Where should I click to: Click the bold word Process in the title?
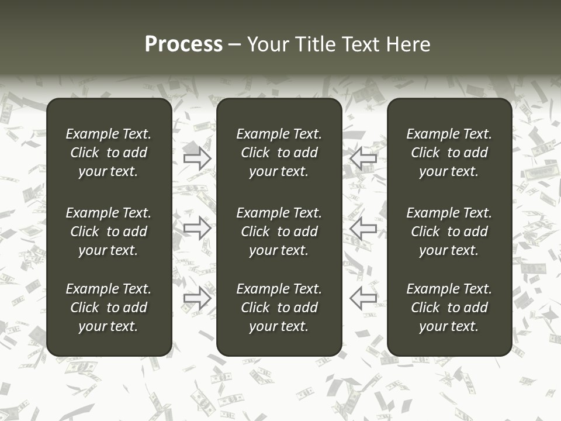[183, 44]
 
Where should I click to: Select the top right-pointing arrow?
[197, 158]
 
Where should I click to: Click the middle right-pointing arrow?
[197, 227]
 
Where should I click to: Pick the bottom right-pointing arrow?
[197, 298]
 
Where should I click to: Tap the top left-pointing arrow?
[363, 158]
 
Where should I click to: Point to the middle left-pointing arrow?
[363, 227]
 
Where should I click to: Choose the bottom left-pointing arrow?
[363, 298]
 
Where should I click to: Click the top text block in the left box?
[109, 153]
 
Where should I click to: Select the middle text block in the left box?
[109, 232]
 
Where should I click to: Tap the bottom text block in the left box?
[109, 308]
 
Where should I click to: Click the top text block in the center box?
[279, 153]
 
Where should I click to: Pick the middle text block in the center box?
[279, 232]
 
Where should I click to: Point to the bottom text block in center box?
[279, 308]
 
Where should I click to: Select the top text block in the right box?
[449, 153]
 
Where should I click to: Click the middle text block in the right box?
[449, 232]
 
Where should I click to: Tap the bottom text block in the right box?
[449, 308]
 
